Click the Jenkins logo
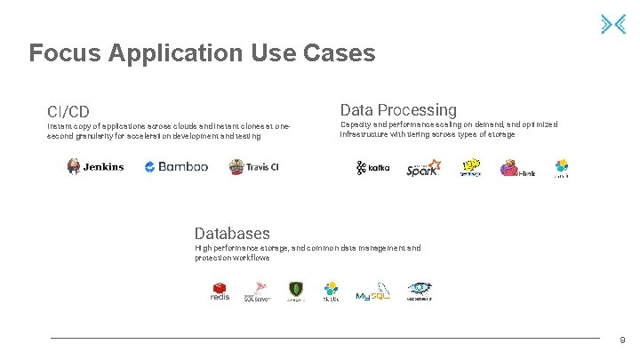[x=95, y=166]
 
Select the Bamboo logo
[x=176, y=166]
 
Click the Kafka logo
[x=373, y=168]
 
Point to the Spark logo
[x=423, y=168]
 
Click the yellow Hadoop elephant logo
[x=470, y=168]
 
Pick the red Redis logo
[x=220, y=291]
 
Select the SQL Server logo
[x=257, y=291]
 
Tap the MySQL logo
[x=373, y=292]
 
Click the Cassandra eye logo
[x=420, y=291]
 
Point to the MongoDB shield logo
[x=296, y=291]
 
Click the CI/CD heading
[x=68, y=112]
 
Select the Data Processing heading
[x=398, y=110]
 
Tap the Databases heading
[x=232, y=234]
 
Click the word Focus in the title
[x=65, y=53]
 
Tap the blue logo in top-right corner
[x=619, y=24]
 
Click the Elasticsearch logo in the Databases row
[x=332, y=291]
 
